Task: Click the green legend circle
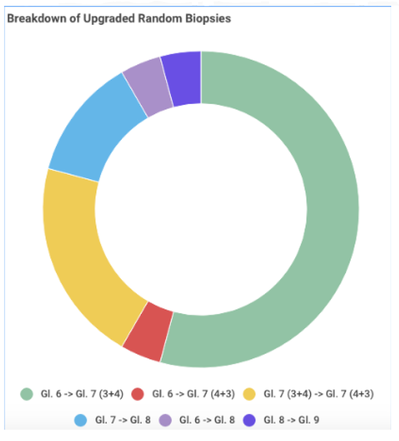[27, 394]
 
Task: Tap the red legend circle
[138, 394]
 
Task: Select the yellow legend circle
[249, 394]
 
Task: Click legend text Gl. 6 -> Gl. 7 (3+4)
[82, 394]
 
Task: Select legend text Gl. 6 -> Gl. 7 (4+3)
[193, 394]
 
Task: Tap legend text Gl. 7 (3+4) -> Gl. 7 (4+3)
[318, 394]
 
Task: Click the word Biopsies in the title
[208, 19]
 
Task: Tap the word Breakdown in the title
[36, 19]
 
